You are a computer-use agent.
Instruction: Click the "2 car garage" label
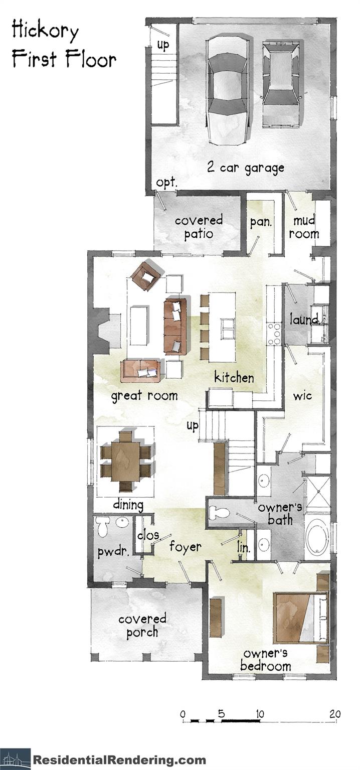click(x=246, y=168)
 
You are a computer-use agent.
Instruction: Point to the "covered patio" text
click(x=199, y=227)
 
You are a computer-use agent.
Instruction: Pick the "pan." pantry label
click(x=261, y=222)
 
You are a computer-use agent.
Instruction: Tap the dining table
click(x=125, y=460)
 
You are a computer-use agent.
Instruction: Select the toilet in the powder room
click(x=103, y=527)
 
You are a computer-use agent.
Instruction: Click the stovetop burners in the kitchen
click(x=274, y=334)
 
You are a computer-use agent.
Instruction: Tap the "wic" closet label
click(x=302, y=396)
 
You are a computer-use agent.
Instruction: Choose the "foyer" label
click(x=185, y=546)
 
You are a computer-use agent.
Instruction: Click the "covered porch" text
click(x=142, y=625)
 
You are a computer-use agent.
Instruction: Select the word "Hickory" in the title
click(x=45, y=31)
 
